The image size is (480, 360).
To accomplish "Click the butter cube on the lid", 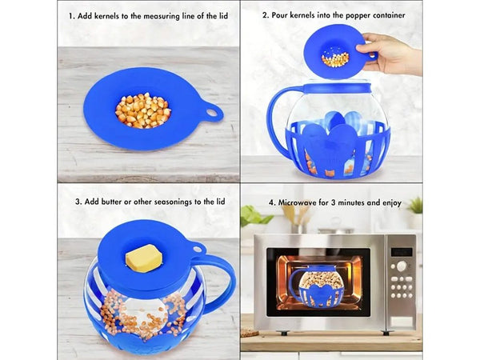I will (x=145, y=259).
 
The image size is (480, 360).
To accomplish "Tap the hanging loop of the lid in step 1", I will (x=213, y=113).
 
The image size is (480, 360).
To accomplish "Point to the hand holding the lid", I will (x=397, y=54).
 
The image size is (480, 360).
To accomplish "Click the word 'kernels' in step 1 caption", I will (x=109, y=15).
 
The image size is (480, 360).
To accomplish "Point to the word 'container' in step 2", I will (x=382, y=15).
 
